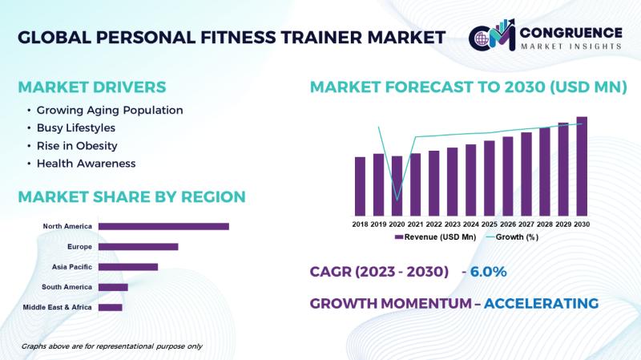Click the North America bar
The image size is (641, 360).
[x=163, y=226]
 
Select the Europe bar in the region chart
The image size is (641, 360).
[x=138, y=247]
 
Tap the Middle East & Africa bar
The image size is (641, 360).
[x=111, y=307]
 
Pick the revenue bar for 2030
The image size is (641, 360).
[x=582, y=166]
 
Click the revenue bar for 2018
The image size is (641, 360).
[x=360, y=186]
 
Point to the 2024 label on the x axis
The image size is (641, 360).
[x=471, y=224]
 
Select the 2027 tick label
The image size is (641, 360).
[x=526, y=224]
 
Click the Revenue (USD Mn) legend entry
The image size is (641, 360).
[x=435, y=237]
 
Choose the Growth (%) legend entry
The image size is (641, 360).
[x=512, y=237]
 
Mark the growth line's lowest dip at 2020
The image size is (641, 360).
[x=397, y=200]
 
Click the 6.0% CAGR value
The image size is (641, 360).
[x=488, y=272]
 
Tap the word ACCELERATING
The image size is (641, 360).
[x=542, y=304]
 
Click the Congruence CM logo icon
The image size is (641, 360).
[x=492, y=35]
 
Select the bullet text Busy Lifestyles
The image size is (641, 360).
[x=76, y=128]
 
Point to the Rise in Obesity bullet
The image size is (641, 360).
[x=77, y=146]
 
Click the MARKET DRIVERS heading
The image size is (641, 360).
[x=92, y=87]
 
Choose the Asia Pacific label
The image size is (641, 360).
[x=72, y=267]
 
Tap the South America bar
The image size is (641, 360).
[x=113, y=287]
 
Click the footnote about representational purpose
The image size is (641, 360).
[x=111, y=346]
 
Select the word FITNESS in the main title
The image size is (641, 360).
[x=238, y=37]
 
